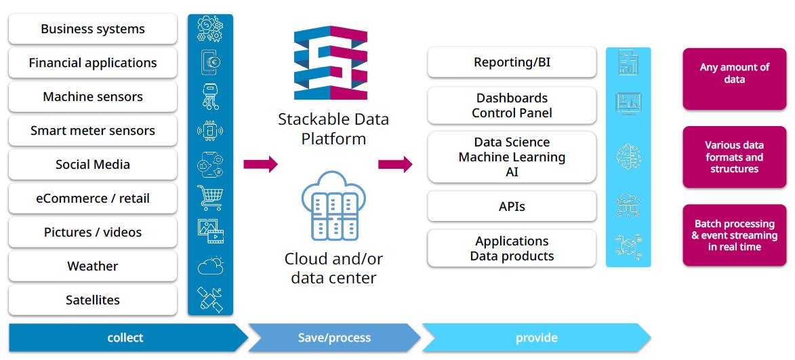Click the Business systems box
[x=93, y=29]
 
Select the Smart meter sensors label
[x=93, y=131]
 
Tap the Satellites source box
[x=93, y=300]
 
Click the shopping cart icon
[x=210, y=197]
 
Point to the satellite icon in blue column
[x=210, y=299]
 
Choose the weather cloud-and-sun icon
[x=210, y=266]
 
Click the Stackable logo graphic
[x=331, y=64]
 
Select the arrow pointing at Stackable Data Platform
[x=260, y=163]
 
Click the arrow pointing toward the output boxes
[x=396, y=163]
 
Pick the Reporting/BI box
[x=512, y=63]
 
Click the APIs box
[x=512, y=207]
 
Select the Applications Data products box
[x=512, y=248]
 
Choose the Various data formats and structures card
[x=735, y=157]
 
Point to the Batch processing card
[x=735, y=235]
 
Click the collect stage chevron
[x=126, y=338]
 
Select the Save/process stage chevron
[x=334, y=338]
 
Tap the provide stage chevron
[x=535, y=338]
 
